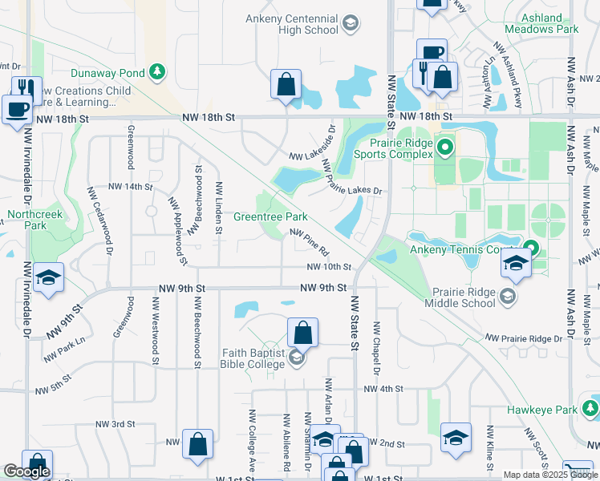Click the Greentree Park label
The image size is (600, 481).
click(270, 216)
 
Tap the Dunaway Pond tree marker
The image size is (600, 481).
click(159, 73)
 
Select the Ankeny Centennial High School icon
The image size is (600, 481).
click(350, 24)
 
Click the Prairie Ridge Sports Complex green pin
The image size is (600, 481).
click(448, 148)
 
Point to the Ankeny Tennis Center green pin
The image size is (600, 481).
click(530, 249)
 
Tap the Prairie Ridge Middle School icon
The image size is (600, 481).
click(507, 297)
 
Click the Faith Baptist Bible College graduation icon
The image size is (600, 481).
click(297, 358)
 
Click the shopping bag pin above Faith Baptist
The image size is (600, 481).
click(303, 332)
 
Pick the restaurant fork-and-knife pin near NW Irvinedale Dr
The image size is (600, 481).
click(27, 89)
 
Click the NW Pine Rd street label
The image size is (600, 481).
click(310, 241)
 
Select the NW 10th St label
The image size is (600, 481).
click(329, 267)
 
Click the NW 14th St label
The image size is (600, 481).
click(130, 187)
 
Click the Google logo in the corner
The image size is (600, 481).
click(26, 472)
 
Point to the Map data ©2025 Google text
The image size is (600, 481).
click(549, 475)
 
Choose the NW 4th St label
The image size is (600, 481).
click(382, 389)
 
